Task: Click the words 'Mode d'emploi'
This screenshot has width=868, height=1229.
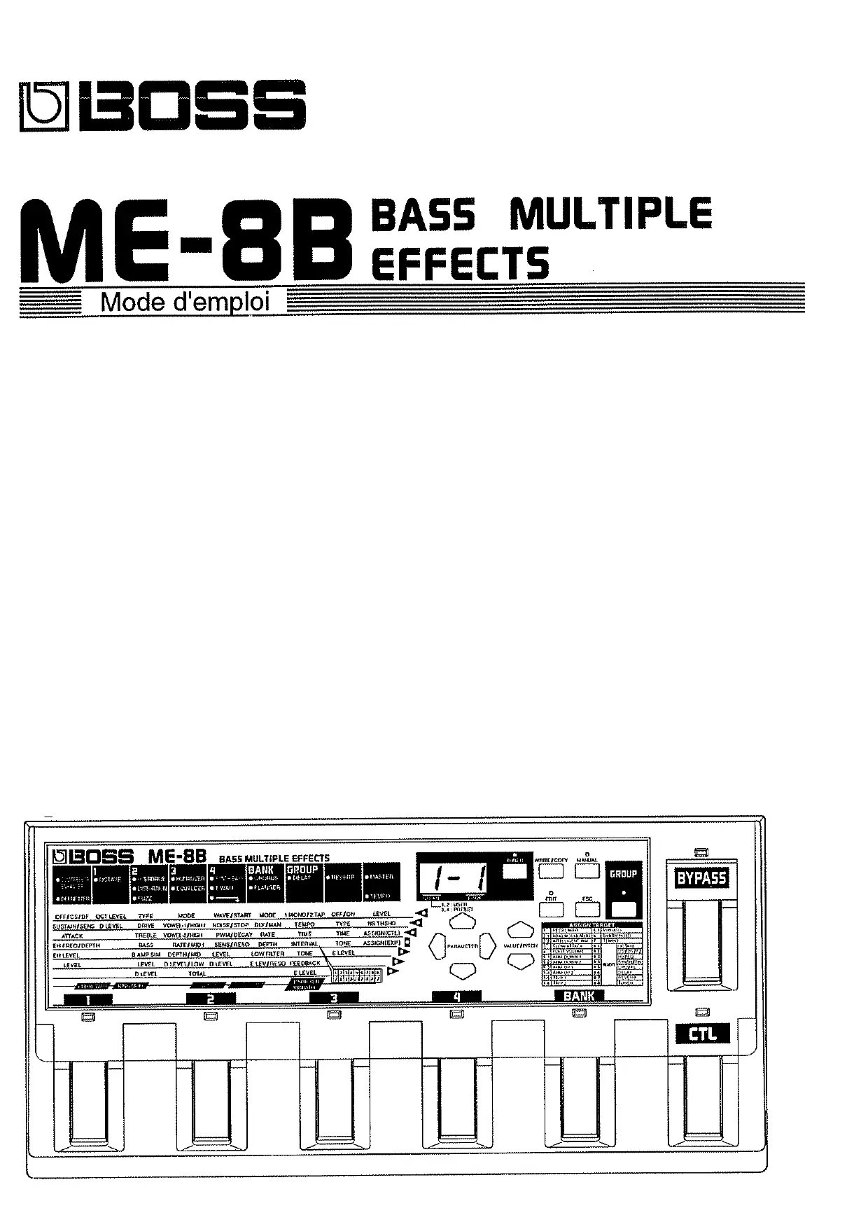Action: pos(185,303)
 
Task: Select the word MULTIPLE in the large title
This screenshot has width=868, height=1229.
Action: pos(610,213)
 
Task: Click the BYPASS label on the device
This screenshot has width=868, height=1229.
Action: pos(701,878)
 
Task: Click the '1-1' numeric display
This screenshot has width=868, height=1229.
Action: pos(454,876)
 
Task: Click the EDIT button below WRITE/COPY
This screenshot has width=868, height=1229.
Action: pos(551,908)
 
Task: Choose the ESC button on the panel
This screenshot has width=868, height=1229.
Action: pos(587,908)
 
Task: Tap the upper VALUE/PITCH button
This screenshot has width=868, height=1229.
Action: pos(520,930)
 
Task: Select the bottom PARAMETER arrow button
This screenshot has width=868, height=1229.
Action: pos(463,970)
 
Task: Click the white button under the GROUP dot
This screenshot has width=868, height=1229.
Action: pos(623,909)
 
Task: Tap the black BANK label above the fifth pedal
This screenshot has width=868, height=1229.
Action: pos(579,996)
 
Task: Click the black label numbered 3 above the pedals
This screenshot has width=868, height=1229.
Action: pos(334,998)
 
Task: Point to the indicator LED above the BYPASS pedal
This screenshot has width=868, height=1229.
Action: pos(701,852)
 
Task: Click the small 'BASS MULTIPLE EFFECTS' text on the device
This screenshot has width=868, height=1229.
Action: pos(274,858)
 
